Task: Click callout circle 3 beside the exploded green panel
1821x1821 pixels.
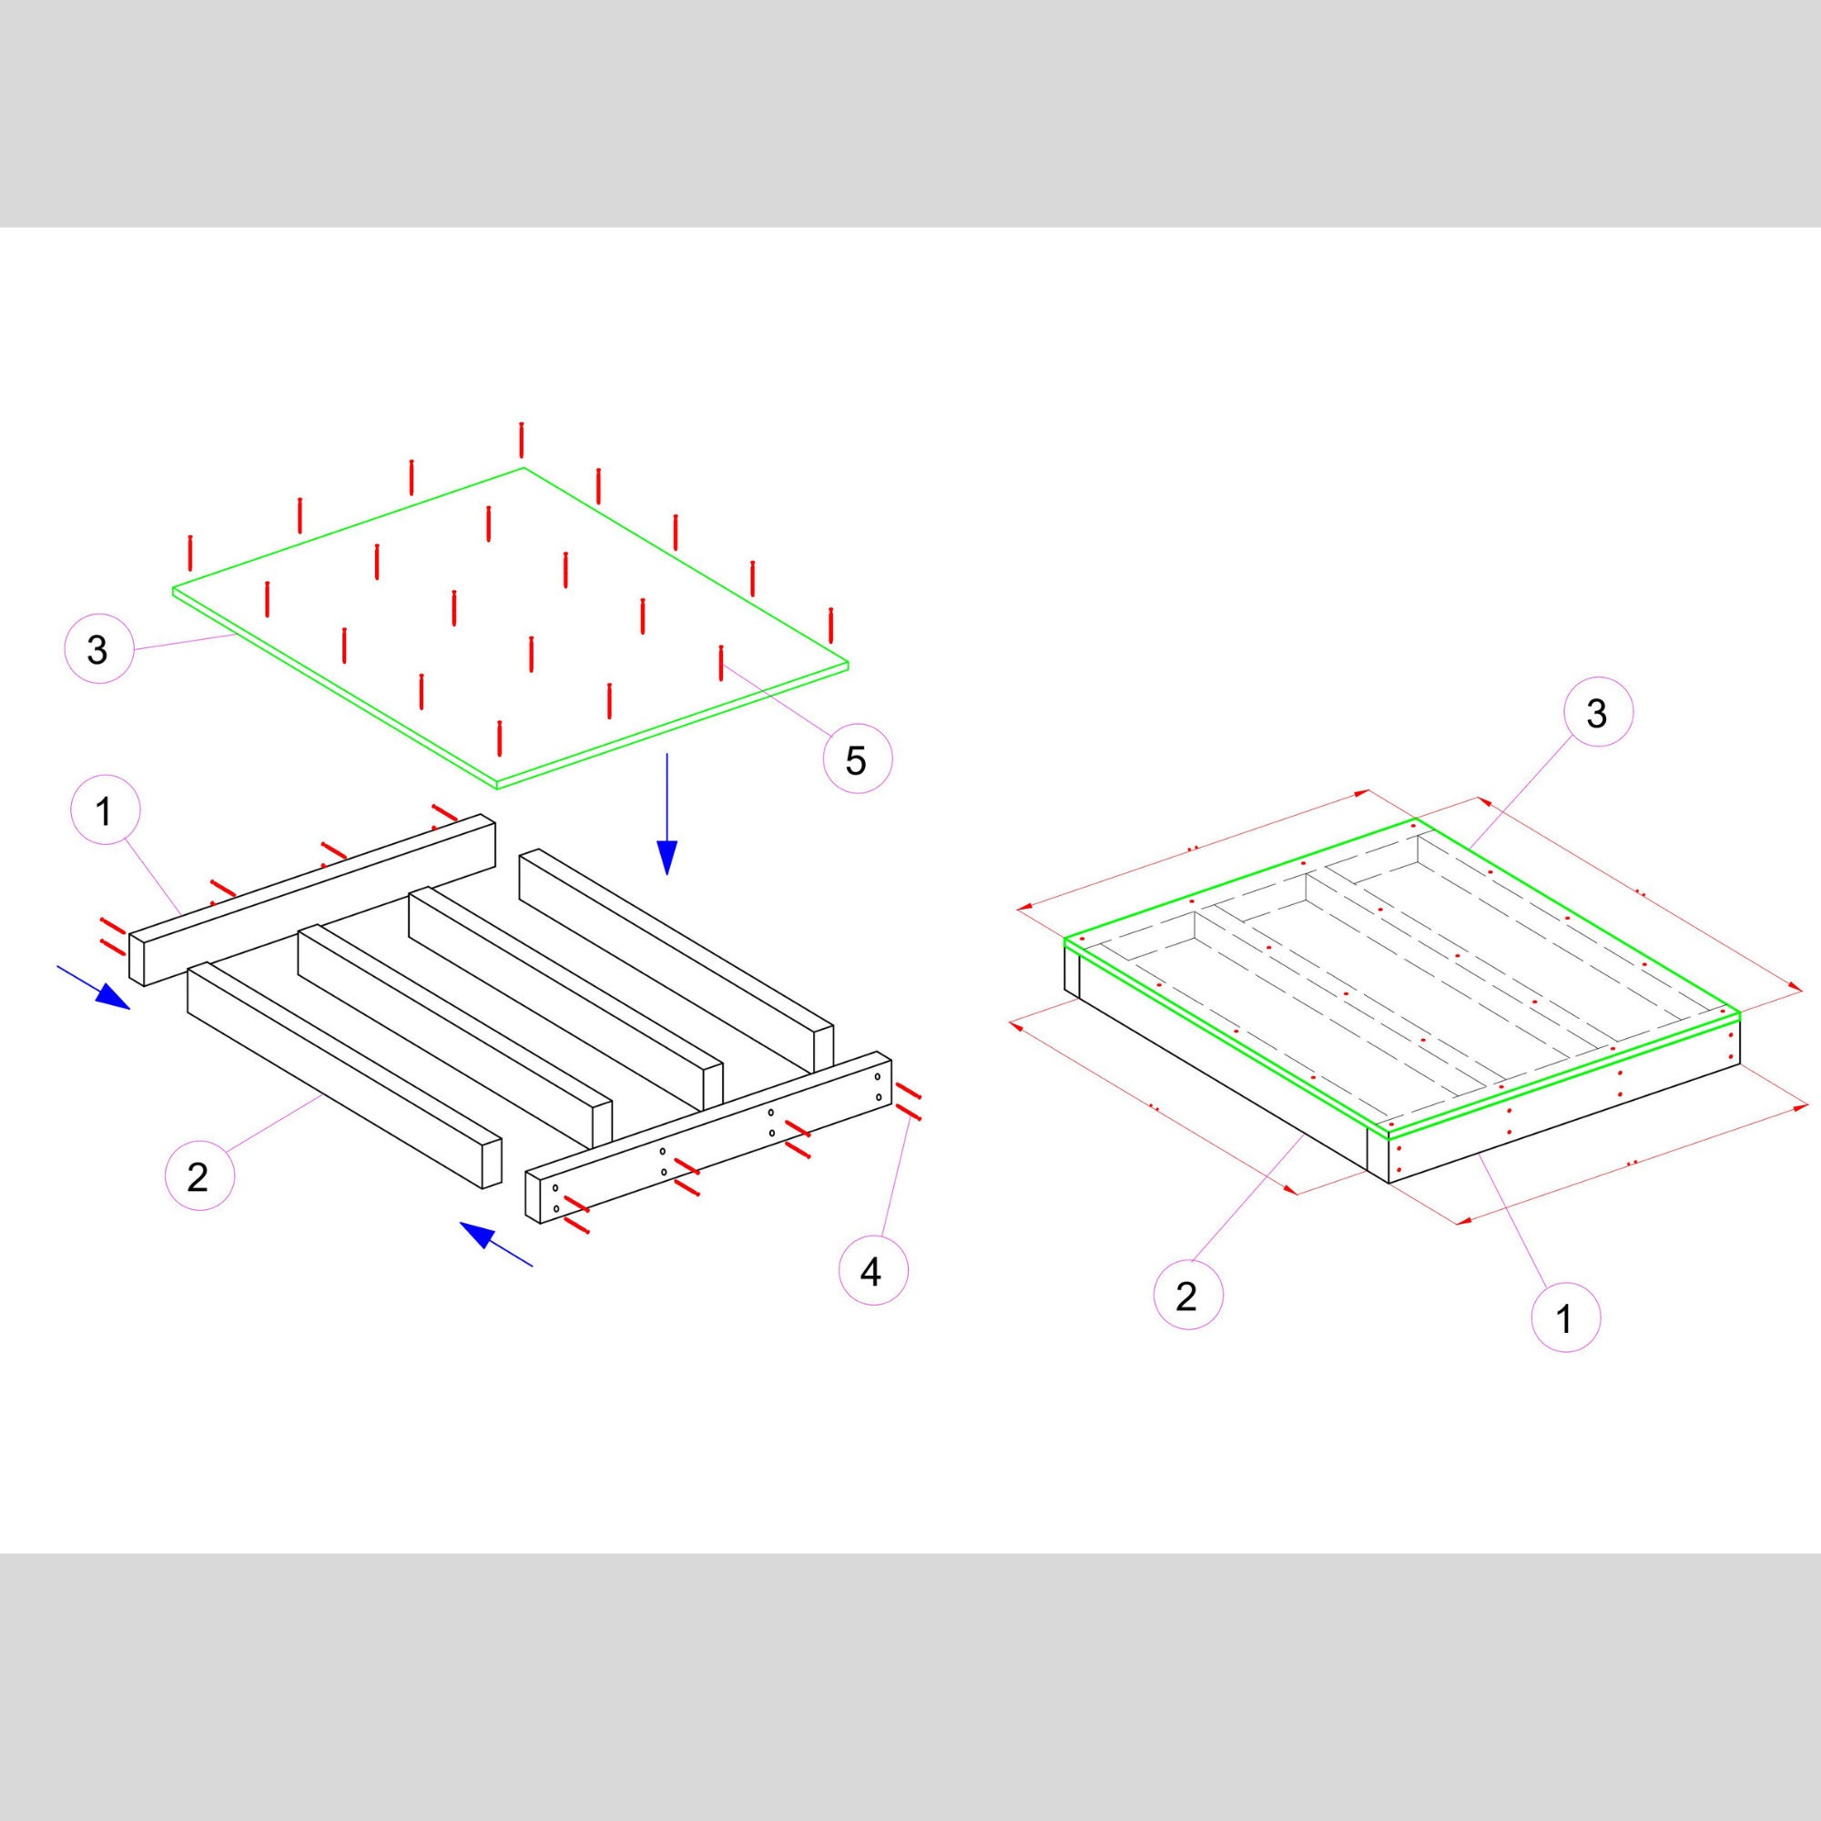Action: (98, 649)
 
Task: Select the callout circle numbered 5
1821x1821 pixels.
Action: (858, 758)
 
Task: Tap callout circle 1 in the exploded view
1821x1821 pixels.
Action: (105, 810)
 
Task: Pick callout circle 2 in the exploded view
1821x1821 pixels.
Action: (198, 1177)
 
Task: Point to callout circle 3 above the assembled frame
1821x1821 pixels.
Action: (1598, 714)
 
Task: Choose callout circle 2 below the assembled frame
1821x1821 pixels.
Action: (1187, 1297)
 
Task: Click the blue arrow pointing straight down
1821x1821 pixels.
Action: (667, 814)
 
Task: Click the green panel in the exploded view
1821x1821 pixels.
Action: (510, 625)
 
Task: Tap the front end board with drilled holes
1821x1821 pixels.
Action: (708, 1137)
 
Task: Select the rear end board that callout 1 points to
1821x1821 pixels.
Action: (312, 900)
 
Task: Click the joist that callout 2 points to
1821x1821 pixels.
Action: (345, 1075)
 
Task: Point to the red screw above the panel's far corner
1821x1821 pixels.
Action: (521, 440)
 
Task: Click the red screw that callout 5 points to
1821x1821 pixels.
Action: (721, 663)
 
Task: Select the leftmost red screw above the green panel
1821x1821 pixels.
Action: (190, 554)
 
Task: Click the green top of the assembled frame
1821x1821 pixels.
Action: (1401, 979)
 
